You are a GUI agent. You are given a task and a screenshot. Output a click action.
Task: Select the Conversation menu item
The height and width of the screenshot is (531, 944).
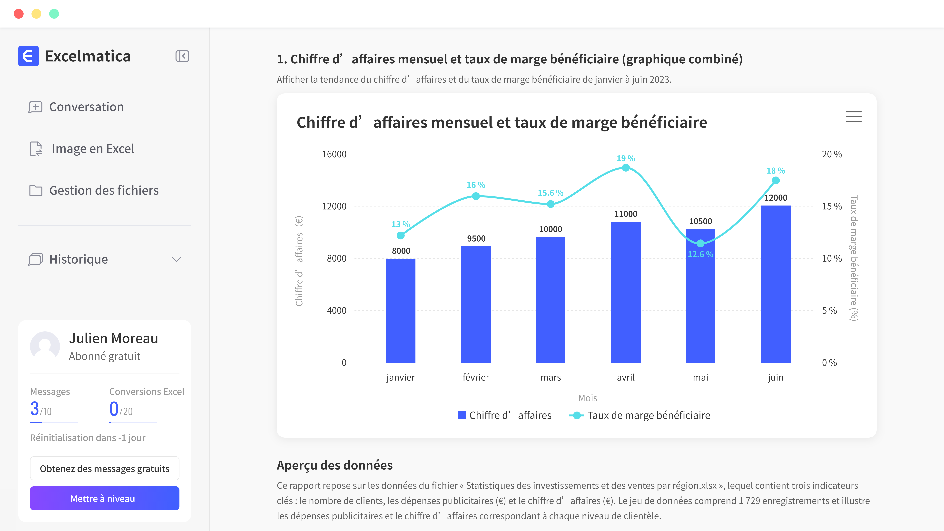click(x=87, y=107)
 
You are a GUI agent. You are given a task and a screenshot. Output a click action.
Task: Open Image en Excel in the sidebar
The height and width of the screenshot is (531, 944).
click(x=93, y=149)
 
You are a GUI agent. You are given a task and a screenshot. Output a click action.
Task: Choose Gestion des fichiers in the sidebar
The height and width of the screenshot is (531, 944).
click(x=104, y=191)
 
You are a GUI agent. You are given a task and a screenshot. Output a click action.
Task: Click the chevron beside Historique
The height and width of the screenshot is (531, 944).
click(x=176, y=259)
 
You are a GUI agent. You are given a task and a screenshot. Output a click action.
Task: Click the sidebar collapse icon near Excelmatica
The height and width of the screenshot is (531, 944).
click(x=182, y=56)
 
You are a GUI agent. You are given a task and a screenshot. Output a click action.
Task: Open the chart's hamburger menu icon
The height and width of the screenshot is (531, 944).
click(x=854, y=117)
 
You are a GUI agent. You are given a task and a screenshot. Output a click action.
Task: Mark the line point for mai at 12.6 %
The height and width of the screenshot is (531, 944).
click(x=700, y=243)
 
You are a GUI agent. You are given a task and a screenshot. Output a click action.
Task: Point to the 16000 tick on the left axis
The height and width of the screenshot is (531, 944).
click(x=334, y=154)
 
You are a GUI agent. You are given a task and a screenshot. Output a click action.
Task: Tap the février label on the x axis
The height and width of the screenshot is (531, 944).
click(x=476, y=377)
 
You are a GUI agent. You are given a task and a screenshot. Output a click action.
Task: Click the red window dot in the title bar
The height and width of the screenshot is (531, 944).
click(x=19, y=14)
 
